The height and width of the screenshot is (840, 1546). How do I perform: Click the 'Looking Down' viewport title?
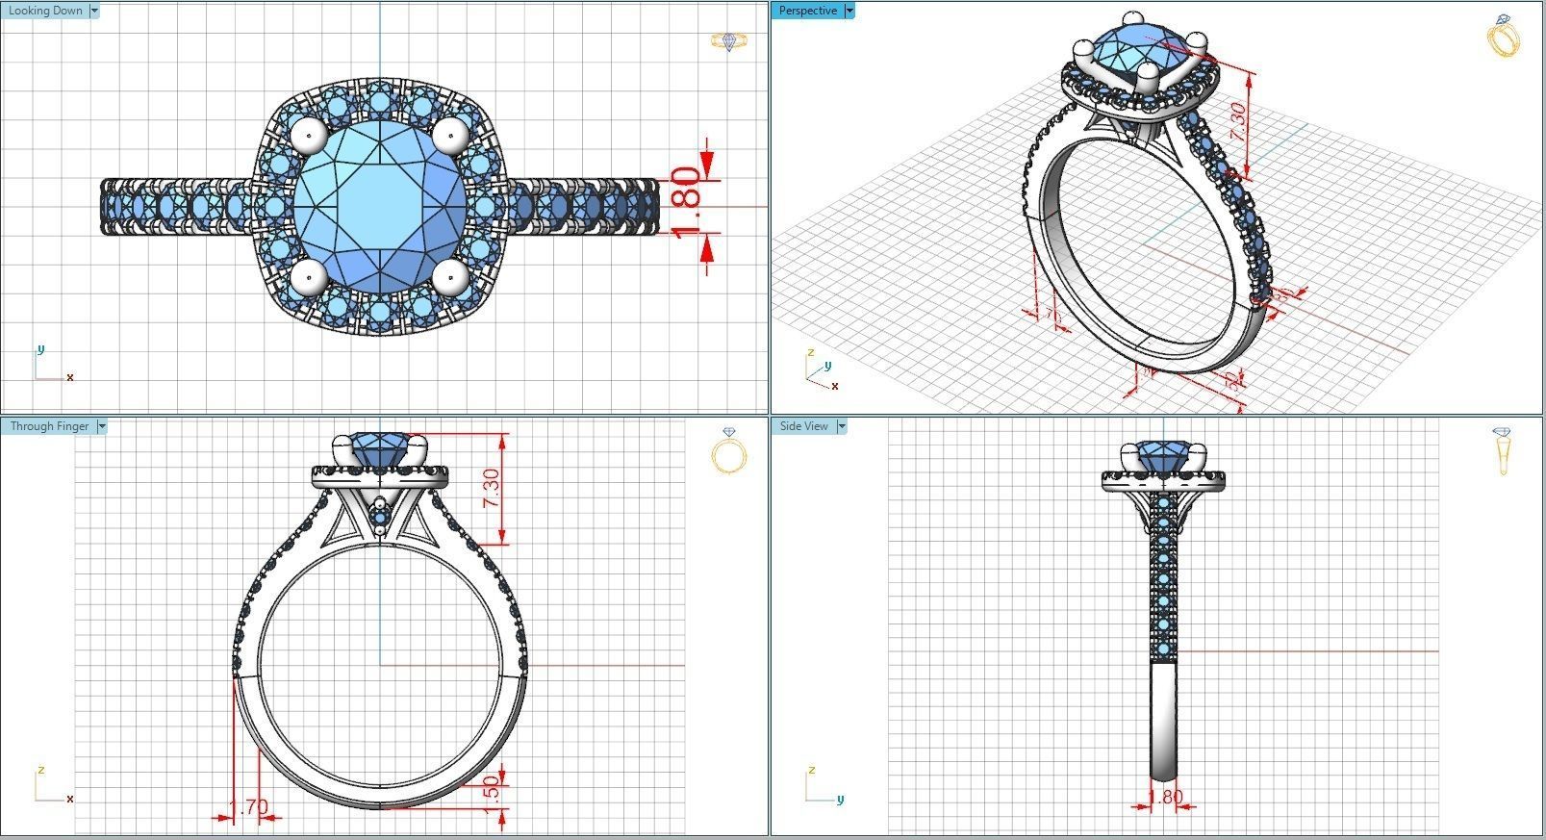[x=45, y=11]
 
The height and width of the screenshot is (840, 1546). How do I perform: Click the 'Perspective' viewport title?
[x=807, y=11]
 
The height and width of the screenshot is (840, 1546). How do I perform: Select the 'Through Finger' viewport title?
[x=49, y=426]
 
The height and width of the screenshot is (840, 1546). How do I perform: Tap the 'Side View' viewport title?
[x=804, y=426]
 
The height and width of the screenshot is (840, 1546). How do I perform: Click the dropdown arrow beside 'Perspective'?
[x=849, y=11]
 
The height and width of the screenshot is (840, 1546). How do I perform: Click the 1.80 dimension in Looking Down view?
[x=686, y=204]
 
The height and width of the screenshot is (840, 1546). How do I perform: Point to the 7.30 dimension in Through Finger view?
[x=492, y=489]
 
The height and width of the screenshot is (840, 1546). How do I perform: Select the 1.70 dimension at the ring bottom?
[x=248, y=806]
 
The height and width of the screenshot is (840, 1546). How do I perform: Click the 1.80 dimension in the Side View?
[x=1167, y=797]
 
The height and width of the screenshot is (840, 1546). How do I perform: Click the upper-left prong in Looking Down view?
[x=309, y=136]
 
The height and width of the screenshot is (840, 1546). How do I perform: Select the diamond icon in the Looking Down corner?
[x=728, y=41]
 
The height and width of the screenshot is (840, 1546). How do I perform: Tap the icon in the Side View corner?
[x=1503, y=451]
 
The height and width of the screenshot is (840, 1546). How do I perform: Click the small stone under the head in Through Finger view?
[x=381, y=520]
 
